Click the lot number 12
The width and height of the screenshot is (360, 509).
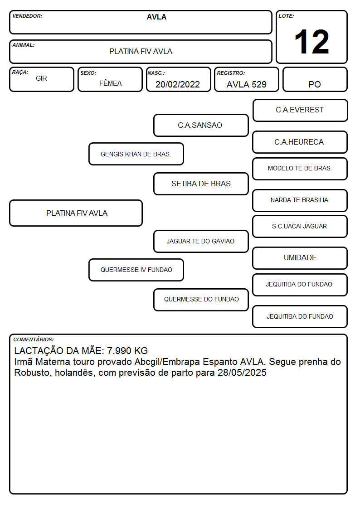pos(311,42)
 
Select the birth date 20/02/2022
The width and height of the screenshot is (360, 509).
pos(178,84)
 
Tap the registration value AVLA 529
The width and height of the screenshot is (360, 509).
pos(246,84)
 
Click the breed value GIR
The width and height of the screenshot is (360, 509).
pos(42,78)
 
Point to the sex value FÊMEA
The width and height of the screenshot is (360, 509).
pos(110,83)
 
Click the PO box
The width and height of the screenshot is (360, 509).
pos(315,79)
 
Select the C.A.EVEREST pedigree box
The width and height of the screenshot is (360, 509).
pos(300,111)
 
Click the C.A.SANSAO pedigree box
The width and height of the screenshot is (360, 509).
pos(201,125)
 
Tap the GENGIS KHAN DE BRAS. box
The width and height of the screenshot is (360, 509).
pos(136,154)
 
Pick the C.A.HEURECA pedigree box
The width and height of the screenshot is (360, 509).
pos(300,142)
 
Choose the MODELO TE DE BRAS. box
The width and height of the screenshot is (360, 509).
pos(300,169)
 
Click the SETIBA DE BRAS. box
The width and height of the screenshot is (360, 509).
pos(201,184)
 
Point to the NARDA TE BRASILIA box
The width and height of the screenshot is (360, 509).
pos(300,200)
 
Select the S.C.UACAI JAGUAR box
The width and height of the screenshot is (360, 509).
pos(300,226)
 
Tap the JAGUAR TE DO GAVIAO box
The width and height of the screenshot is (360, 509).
pos(201,241)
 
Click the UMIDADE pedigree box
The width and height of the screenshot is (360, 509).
pos(300,258)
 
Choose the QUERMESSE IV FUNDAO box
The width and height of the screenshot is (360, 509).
pos(136,270)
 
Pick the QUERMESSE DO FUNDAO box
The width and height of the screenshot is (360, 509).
pos(201,300)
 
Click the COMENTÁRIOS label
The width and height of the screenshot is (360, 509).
pos(34,339)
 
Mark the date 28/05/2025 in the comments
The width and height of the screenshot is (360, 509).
pos(242,372)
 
